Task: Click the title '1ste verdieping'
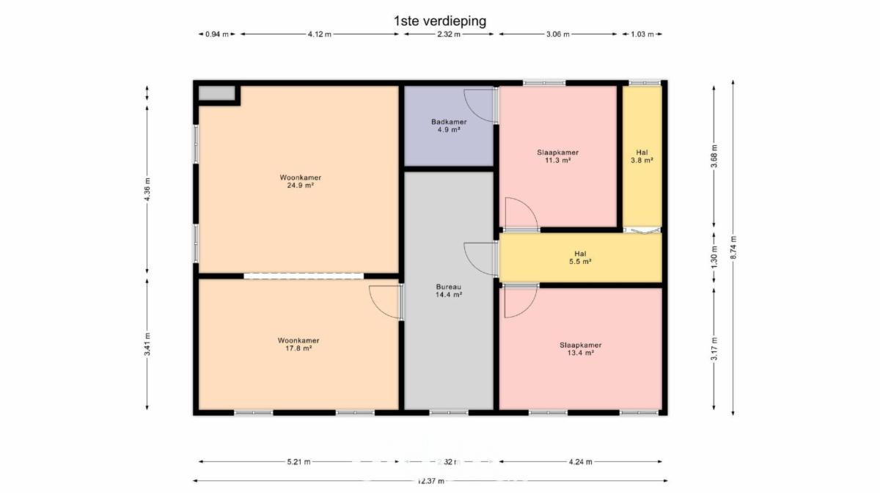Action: click(x=440, y=21)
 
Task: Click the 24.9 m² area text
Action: click(x=301, y=186)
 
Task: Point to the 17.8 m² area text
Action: click(x=299, y=348)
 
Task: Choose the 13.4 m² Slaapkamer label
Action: click(x=581, y=349)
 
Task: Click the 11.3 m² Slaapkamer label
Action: click(x=558, y=156)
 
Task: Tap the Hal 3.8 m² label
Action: click(x=642, y=156)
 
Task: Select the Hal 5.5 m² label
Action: click(x=580, y=257)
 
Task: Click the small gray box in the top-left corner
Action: click(x=216, y=93)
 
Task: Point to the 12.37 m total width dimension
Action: click(x=430, y=481)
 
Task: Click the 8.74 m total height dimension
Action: click(x=733, y=248)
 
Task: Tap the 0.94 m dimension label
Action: click(x=217, y=34)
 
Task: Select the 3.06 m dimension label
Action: click(x=558, y=34)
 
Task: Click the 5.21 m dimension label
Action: click(x=299, y=461)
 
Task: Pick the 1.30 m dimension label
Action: click(x=714, y=257)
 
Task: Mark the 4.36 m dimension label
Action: click(x=147, y=189)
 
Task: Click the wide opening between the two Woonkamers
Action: click(x=304, y=276)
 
